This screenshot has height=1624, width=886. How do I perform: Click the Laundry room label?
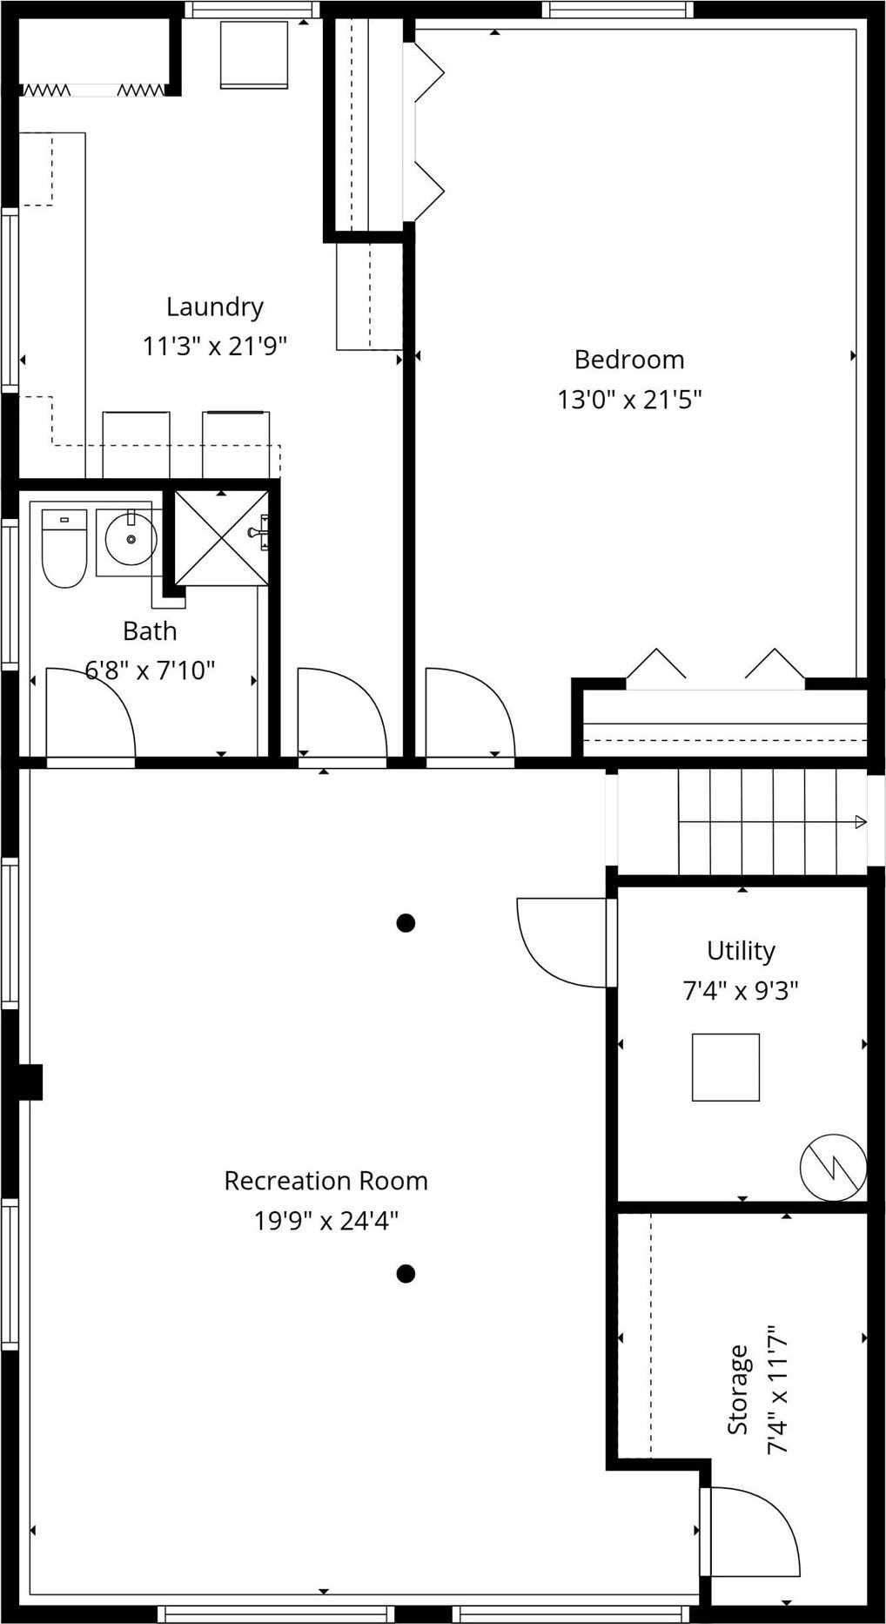(214, 307)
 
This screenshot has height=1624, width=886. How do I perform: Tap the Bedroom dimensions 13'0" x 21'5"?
(629, 400)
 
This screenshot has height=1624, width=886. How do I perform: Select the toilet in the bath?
(64, 550)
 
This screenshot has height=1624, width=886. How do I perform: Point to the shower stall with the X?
(221, 538)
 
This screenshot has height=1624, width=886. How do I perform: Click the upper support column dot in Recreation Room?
(406, 922)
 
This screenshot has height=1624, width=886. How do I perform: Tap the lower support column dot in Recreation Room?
(405, 1274)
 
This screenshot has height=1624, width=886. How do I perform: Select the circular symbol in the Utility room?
(833, 1166)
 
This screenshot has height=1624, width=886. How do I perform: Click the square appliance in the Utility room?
(726, 1067)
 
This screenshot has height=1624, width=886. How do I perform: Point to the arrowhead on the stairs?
(860, 822)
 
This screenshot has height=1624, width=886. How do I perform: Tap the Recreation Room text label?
(326, 1181)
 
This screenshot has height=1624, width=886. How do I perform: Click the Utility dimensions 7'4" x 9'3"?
(740, 990)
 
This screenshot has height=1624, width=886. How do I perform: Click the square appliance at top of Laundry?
(253, 54)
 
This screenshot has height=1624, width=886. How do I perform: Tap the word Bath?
(150, 630)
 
